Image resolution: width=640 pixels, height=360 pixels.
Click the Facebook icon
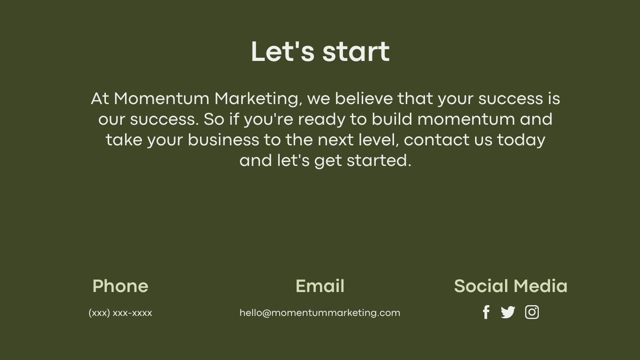[x=486, y=312]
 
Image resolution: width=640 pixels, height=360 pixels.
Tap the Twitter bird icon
[x=508, y=312]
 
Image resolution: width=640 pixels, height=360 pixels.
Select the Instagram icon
[x=532, y=312]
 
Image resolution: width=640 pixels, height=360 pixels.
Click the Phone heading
[x=120, y=286]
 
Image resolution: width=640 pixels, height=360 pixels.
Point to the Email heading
[x=320, y=286]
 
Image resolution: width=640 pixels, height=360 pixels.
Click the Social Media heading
[x=511, y=286]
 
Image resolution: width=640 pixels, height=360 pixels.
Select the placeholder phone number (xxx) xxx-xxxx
[x=120, y=313]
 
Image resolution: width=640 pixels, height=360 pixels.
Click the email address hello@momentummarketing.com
[x=320, y=313]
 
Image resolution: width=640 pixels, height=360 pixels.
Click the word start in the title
[x=356, y=52]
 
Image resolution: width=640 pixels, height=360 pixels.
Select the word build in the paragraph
[x=392, y=119]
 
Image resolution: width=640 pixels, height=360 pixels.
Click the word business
[x=223, y=140]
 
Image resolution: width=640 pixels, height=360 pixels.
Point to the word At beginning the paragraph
[x=100, y=98]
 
